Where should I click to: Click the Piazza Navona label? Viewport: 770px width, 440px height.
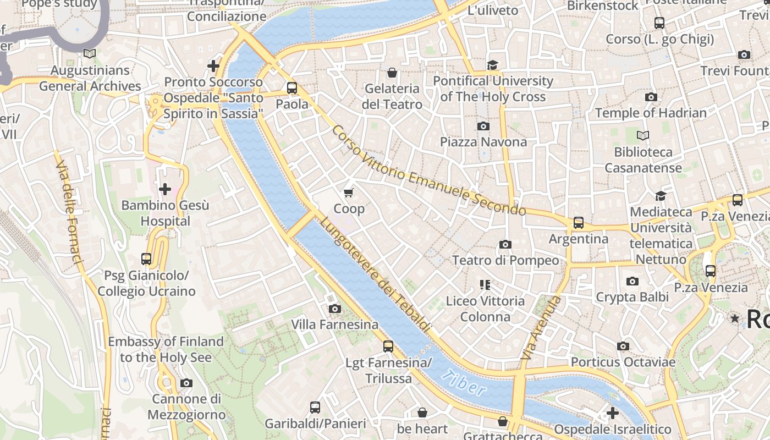483,142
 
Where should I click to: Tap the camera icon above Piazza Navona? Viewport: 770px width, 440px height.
483,127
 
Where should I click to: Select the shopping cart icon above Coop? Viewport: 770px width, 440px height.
348,193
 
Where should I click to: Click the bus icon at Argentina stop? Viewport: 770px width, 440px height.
578,223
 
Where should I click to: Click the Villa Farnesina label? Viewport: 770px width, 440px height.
334,324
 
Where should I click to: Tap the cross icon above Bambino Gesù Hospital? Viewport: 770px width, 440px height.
164,190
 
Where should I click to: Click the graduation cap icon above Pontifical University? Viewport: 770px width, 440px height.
492,65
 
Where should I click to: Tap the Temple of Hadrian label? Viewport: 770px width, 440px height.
651,113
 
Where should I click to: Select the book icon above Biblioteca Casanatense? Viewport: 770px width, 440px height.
642,135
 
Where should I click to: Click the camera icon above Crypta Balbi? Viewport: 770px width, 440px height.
632,282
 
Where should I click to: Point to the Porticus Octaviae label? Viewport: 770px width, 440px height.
623,362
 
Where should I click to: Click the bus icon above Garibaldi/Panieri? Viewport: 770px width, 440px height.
315,408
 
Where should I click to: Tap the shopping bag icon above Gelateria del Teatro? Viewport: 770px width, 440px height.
392,73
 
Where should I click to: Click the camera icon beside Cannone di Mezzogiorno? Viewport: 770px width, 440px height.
186,383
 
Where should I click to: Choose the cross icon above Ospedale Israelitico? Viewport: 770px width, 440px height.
612,413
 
